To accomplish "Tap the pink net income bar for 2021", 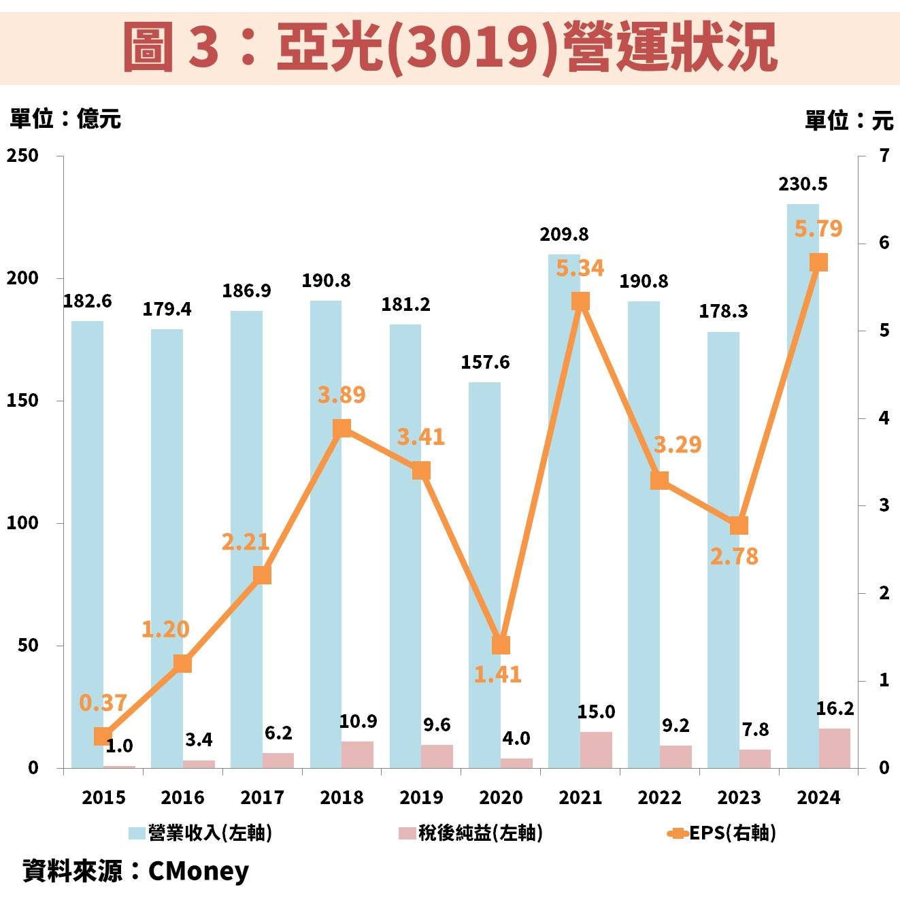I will click(x=596, y=750).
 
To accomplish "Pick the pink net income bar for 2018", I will click(x=358, y=754).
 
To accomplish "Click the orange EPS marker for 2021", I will click(x=580, y=301).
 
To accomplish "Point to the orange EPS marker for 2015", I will click(x=103, y=736).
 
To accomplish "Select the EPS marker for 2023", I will click(x=739, y=525).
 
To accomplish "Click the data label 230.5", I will click(x=803, y=184).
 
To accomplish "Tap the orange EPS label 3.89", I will click(x=341, y=395).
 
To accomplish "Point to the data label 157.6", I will click(x=485, y=362).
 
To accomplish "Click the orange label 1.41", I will click(x=497, y=674).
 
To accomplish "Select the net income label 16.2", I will click(x=835, y=709).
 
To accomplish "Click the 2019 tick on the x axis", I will click(x=421, y=797).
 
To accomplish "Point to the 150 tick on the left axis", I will click(x=22, y=401).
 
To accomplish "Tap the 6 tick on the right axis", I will click(x=884, y=243).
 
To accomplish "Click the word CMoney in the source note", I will click(x=198, y=871).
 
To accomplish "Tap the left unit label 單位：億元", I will click(x=65, y=119).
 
